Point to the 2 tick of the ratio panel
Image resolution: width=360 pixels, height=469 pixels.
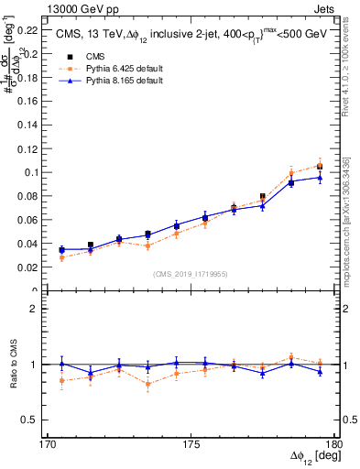click(x=42, y=309)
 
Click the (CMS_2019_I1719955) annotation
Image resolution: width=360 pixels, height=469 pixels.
click(x=191, y=273)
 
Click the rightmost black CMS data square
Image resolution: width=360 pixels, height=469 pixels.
click(x=320, y=166)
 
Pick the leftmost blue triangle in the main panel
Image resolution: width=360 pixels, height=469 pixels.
click(x=62, y=249)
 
